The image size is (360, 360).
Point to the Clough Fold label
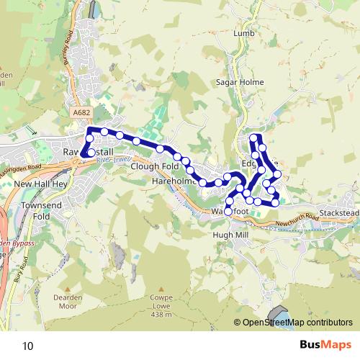point(155,166)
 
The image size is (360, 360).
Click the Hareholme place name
point(174,183)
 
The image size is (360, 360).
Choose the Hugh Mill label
point(230,235)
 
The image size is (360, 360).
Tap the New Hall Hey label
point(40,184)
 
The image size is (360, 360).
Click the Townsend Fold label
point(36,210)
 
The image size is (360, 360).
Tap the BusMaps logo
point(320,346)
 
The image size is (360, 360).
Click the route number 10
point(27,346)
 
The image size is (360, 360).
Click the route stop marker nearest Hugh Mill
point(228,212)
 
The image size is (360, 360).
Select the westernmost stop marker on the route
point(84,153)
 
